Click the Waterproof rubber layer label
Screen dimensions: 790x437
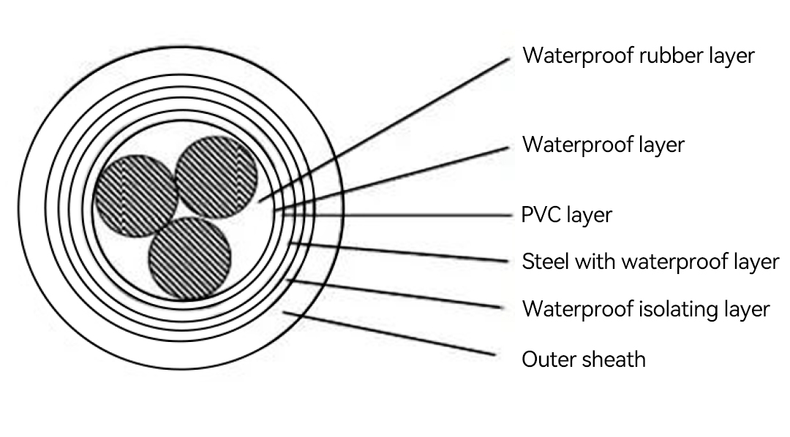click(x=639, y=56)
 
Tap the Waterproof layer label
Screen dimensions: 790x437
click(x=603, y=145)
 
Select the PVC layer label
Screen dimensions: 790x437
click(x=566, y=215)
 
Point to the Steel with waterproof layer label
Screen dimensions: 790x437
click(x=650, y=262)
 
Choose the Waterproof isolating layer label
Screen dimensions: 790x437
click(x=646, y=309)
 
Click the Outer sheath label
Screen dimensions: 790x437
click(x=584, y=360)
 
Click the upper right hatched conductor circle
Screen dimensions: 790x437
click(x=217, y=177)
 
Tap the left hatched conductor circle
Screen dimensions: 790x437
click(x=136, y=196)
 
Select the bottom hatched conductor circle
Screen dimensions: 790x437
click(x=190, y=259)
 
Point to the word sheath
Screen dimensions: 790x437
click(x=614, y=360)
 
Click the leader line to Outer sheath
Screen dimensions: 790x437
click(x=389, y=334)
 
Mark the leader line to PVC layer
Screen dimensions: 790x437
click(x=397, y=216)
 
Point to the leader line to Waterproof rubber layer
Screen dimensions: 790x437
click(x=384, y=130)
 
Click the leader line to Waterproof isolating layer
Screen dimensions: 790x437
click(x=394, y=294)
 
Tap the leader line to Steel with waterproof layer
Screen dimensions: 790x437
click(x=399, y=253)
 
